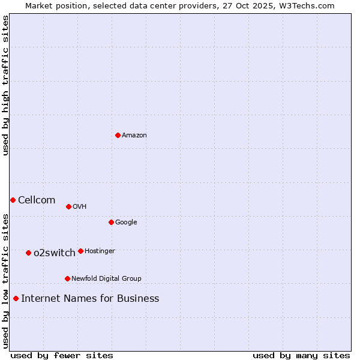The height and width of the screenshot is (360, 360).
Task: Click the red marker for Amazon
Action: pyautogui.click(x=118, y=135)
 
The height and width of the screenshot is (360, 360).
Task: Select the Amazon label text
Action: pyautogui.click(x=134, y=136)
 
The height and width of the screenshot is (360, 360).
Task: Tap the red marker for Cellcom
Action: pyautogui.click(x=13, y=200)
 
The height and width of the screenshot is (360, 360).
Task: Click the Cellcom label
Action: pyautogui.click(x=37, y=200)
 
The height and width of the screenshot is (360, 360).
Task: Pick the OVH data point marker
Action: pyautogui.click(x=68, y=206)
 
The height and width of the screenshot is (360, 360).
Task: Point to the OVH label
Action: pyautogui.click(x=80, y=207)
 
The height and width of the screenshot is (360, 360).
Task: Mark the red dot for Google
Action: pyautogui.click(x=111, y=222)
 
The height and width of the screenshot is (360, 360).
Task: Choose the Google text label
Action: pyautogui.click(x=126, y=223)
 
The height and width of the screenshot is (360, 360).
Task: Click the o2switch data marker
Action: pyautogui.click(x=28, y=253)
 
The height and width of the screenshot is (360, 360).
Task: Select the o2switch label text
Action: pyautogui.click(x=55, y=253)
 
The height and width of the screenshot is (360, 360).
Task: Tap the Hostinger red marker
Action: pyautogui.click(x=80, y=251)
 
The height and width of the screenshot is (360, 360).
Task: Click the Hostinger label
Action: pyautogui.click(x=100, y=251)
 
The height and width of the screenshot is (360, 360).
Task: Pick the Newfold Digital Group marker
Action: pyautogui.click(x=67, y=278)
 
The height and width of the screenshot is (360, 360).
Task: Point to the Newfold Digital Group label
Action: pyautogui.click(x=106, y=278)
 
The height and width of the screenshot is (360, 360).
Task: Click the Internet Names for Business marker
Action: pyautogui.click(x=16, y=298)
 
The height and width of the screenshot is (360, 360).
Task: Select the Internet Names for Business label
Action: pyautogui.click(x=90, y=299)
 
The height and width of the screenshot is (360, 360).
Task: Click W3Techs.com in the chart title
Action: pyautogui.click(x=309, y=5)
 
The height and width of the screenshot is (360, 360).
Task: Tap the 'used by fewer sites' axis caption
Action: pyautogui.click(x=62, y=355)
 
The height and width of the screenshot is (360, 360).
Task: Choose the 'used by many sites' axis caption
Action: pyautogui.click(x=301, y=355)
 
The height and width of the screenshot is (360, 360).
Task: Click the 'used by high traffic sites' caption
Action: pyautogui.click(x=5, y=85)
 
